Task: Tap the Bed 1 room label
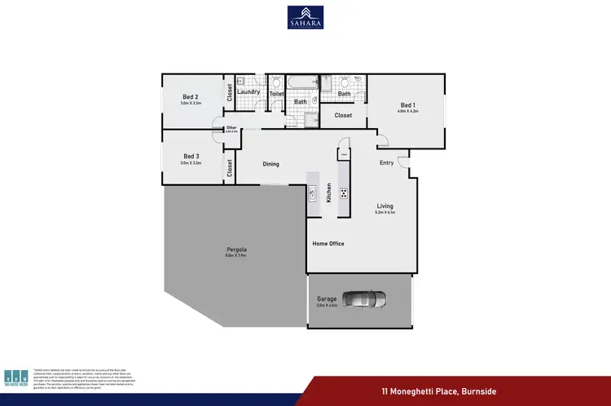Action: click(407, 105)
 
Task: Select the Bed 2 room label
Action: click(191, 97)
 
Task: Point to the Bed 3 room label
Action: click(191, 156)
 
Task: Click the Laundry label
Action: click(248, 91)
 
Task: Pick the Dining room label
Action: click(270, 164)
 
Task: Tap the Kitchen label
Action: click(329, 193)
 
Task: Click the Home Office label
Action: click(328, 244)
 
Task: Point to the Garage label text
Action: click(327, 299)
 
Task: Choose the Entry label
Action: click(386, 163)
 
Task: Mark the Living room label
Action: click(385, 205)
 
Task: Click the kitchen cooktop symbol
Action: click(343, 193)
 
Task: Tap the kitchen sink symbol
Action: click(312, 193)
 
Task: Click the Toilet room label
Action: click(276, 94)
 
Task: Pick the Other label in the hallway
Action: click(231, 127)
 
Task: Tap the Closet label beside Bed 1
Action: click(343, 116)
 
